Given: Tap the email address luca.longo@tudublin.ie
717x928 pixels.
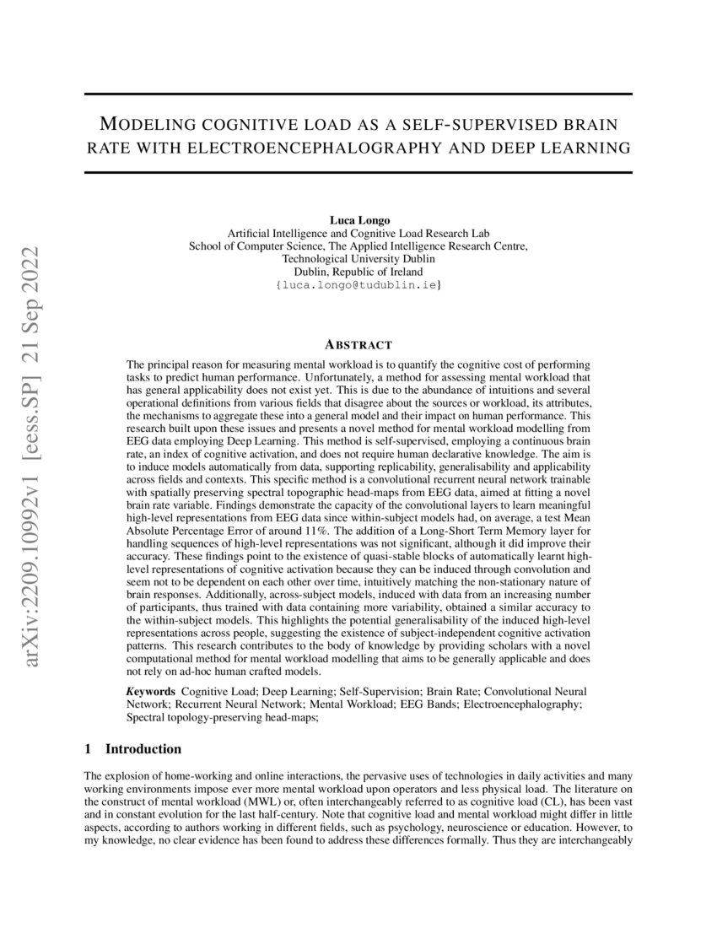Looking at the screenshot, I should [358, 287].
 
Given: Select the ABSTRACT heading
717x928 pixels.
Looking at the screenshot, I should [358, 344].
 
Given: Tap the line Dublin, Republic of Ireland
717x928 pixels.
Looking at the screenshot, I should [358, 272].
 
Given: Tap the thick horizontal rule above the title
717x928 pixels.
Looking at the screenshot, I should [358, 94].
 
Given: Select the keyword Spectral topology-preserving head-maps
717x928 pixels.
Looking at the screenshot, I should [223, 718].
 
